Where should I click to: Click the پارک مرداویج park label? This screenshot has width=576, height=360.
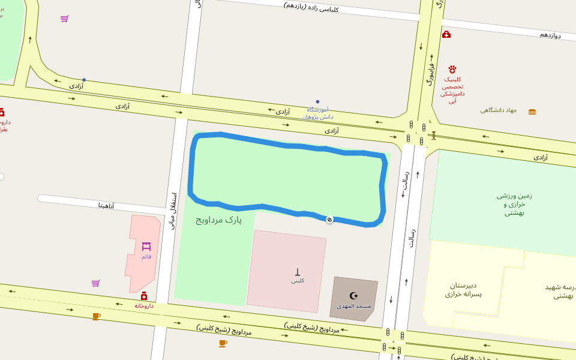218,220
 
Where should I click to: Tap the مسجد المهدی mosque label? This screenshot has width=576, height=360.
353,306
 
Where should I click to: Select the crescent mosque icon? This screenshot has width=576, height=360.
353,296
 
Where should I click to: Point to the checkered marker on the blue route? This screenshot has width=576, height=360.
329,220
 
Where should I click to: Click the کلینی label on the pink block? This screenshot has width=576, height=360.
298,280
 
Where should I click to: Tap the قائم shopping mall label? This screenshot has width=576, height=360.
146,256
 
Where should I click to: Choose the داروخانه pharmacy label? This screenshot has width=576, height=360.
144,305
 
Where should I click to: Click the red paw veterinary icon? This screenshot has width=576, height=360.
452,70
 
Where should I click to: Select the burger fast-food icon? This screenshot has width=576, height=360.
532,112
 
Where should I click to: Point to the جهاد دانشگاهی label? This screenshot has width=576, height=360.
499,110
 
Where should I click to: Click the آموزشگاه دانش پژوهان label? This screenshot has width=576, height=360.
317,113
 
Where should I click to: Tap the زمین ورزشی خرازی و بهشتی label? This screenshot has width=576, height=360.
514,203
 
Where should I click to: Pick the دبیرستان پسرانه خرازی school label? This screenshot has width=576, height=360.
463,289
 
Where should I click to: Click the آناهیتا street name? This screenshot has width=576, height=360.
106,205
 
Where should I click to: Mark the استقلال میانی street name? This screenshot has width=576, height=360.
173,210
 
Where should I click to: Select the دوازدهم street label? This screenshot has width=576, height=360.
550,35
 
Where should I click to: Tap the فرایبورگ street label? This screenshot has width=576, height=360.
430,72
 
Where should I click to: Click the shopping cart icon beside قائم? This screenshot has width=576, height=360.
95,283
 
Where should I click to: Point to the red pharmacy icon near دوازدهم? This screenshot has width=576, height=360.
446,34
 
